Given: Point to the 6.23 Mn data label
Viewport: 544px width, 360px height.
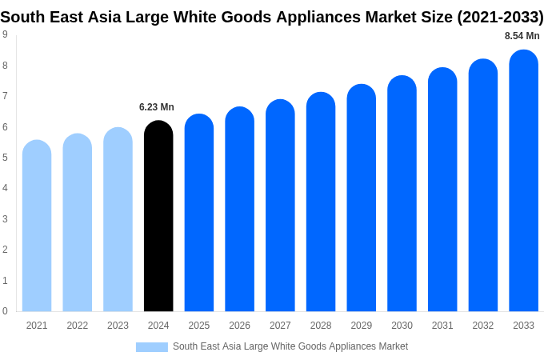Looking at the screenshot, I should click(157, 107).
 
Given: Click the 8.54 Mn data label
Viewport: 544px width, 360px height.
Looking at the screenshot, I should click(522, 36).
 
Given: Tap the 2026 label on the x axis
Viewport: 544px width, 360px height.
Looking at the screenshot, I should click(239, 326).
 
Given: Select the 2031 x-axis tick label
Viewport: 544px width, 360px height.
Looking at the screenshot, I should click(442, 326).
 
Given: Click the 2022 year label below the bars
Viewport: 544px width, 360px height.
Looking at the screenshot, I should click(78, 326).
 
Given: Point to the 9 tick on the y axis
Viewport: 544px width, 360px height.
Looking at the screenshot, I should click(5, 34).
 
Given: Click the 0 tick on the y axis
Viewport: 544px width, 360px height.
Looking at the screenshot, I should click(5, 311).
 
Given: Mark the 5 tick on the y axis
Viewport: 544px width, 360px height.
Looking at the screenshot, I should click(5, 158).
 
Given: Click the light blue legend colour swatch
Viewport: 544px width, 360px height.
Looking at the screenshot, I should click(152, 347).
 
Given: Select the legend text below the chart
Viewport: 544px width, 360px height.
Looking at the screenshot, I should click(290, 346).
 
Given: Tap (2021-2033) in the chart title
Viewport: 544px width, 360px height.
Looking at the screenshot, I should click(500, 17).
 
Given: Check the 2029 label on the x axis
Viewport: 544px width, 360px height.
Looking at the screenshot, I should click(361, 326).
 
